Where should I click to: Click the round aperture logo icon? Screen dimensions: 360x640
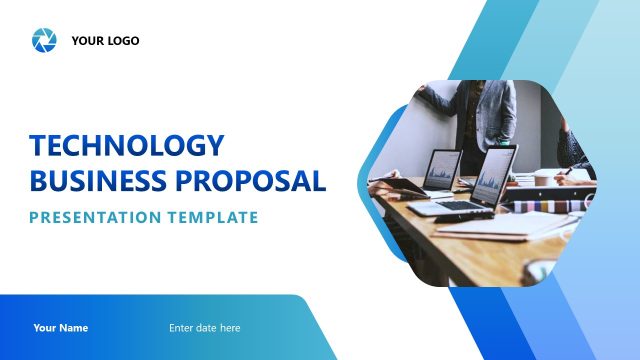click(x=44, y=41)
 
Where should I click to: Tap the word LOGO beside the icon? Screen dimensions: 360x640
click(x=122, y=41)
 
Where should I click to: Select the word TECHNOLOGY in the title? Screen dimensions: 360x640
click(x=127, y=146)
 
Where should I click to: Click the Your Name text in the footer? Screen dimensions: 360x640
click(x=60, y=328)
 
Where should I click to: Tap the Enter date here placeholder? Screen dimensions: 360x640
click(x=204, y=328)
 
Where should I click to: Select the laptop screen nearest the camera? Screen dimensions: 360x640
click(x=494, y=177)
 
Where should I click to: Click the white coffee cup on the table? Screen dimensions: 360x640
click(x=541, y=181)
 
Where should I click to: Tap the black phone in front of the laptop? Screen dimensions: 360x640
click(x=466, y=217)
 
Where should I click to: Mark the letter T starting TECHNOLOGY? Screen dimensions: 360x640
click(x=39, y=146)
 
